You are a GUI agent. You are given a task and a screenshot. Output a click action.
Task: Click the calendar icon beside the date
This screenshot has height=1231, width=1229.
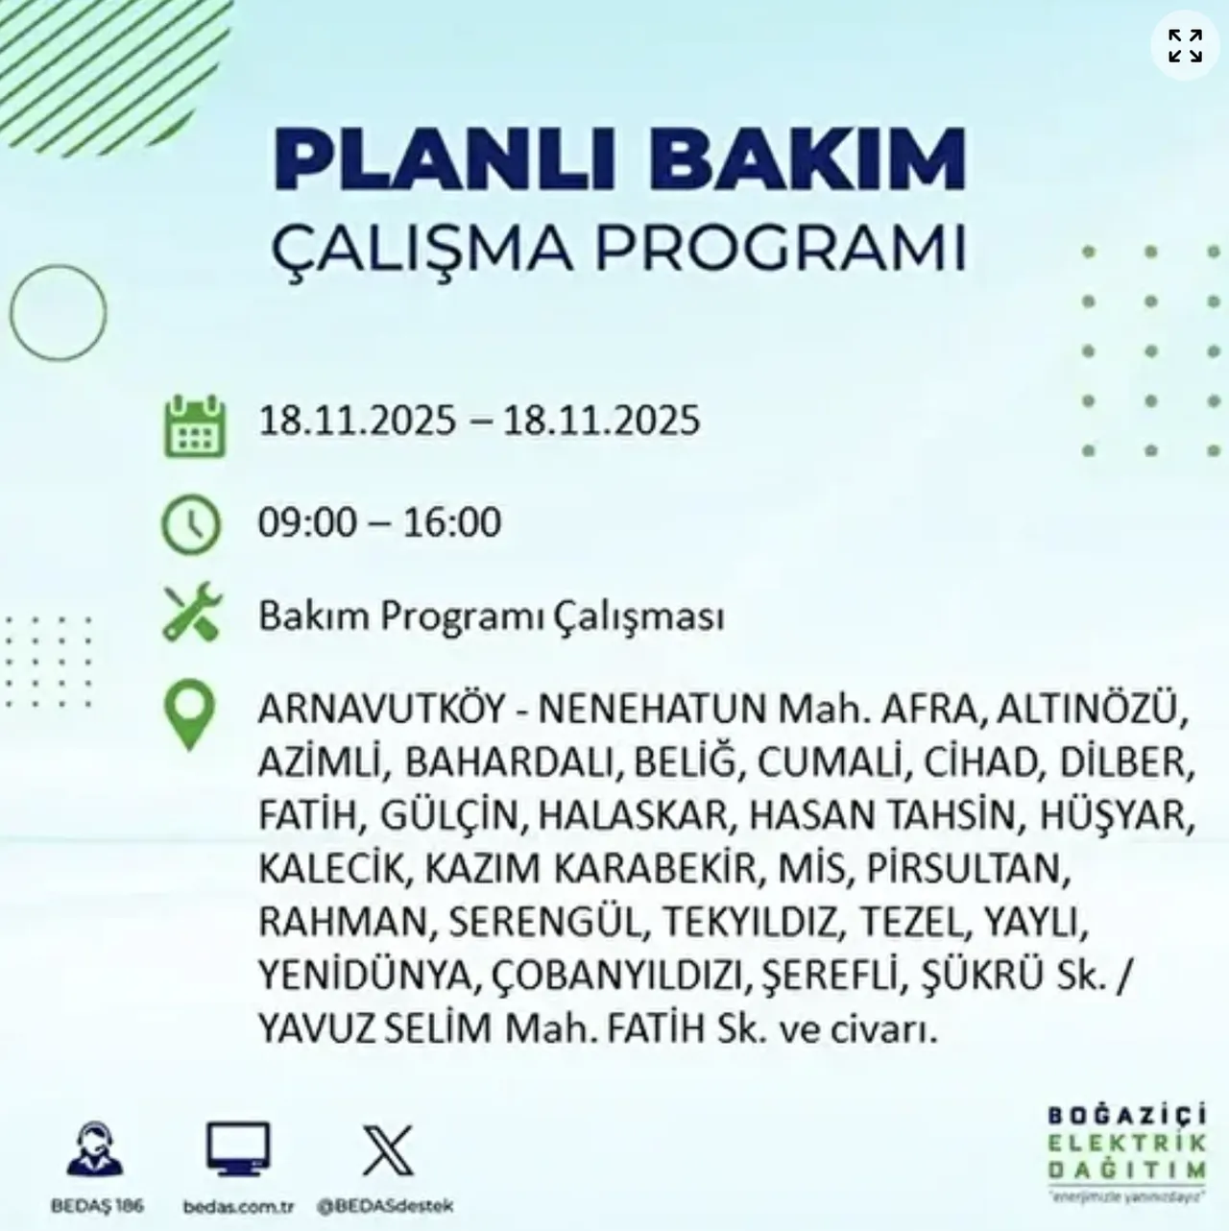click(x=195, y=425)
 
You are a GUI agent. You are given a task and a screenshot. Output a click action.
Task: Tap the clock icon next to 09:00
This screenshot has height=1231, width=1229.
click(x=192, y=524)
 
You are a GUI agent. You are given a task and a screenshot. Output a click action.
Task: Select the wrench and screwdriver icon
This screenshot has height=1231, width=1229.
click(x=192, y=614)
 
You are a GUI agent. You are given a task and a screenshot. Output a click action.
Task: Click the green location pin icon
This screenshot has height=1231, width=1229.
click(x=189, y=714)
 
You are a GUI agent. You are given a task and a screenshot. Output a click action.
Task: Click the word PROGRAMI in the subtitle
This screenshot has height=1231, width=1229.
click(x=780, y=248)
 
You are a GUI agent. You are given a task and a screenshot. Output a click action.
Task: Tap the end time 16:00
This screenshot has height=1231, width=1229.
click(x=452, y=522)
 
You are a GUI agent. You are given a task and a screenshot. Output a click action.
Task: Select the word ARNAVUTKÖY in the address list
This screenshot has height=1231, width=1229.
click(x=381, y=710)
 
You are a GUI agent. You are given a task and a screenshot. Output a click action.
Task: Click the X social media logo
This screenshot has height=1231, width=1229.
click(x=388, y=1150)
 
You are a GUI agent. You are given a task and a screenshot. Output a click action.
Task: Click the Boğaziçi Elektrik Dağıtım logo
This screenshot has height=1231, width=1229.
click(x=1125, y=1154)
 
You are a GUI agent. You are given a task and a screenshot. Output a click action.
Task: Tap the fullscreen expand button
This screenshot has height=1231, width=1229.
click(x=1185, y=45)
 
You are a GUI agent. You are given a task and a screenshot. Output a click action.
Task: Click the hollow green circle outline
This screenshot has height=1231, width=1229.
click(x=59, y=313)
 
